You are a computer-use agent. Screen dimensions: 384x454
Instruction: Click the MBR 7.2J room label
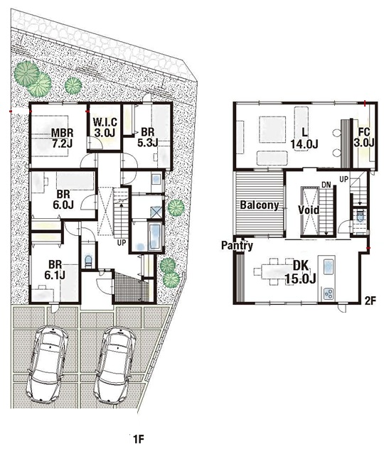click(x=62, y=138)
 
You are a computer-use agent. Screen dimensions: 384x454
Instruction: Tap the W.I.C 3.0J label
click(x=105, y=127)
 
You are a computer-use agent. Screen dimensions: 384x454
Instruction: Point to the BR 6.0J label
click(x=63, y=199)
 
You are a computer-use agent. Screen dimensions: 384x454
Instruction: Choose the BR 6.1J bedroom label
click(x=55, y=269)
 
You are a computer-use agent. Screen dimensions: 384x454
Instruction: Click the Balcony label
click(x=260, y=205)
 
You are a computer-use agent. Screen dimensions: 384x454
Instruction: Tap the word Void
click(x=309, y=210)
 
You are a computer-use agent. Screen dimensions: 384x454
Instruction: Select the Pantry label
click(x=237, y=246)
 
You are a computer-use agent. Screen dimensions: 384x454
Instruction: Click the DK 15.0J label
click(x=300, y=272)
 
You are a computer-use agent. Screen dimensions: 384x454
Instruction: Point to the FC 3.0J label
click(x=364, y=137)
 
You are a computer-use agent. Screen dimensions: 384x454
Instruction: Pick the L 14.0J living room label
click(x=304, y=139)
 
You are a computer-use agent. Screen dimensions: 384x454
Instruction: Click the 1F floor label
click(x=139, y=439)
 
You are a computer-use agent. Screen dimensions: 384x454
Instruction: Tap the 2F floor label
click(x=370, y=301)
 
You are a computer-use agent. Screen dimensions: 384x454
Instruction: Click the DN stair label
click(x=326, y=185)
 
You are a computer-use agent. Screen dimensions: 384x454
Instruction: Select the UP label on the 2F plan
click(x=343, y=180)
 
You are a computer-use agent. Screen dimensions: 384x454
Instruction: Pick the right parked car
click(x=115, y=365)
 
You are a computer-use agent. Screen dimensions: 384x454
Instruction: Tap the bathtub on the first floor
click(x=154, y=237)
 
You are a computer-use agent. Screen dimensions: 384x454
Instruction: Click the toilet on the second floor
click(x=360, y=216)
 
